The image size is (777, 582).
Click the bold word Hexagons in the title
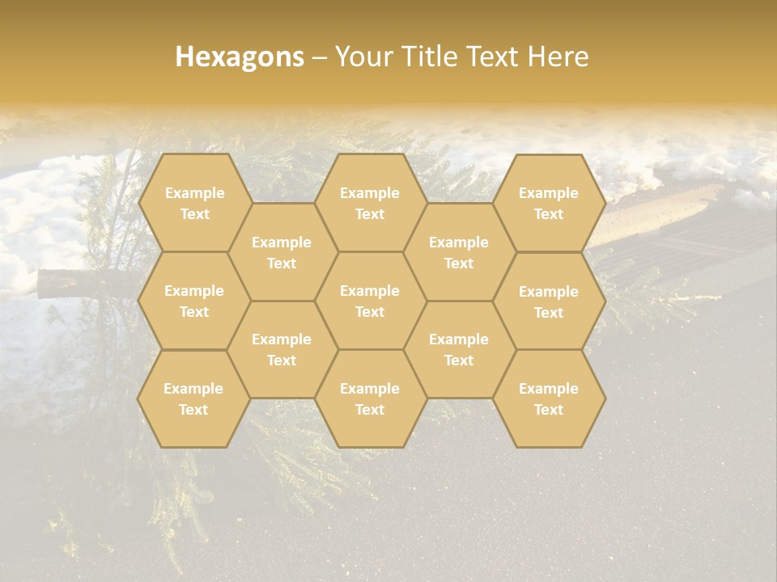point(240,57)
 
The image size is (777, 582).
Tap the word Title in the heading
point(431,57)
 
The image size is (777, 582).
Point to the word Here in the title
point(558,57)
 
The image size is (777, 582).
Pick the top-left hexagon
point(194,203)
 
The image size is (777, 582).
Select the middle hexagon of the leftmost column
point(194,301)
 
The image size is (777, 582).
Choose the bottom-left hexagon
point(193,399)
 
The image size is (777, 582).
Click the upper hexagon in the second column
point(282,252)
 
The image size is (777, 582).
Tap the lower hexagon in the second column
point(282,349)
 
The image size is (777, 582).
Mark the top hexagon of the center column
point(370,203)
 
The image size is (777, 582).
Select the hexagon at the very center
point(370,301)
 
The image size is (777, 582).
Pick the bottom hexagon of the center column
point(370,399)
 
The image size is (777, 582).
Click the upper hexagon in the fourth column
point(459,252)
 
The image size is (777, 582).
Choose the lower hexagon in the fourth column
point(459,349)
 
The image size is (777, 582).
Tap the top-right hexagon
point(549,203)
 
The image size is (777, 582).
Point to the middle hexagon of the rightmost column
point(549,302)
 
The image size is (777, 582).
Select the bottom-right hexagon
point(549,399)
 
